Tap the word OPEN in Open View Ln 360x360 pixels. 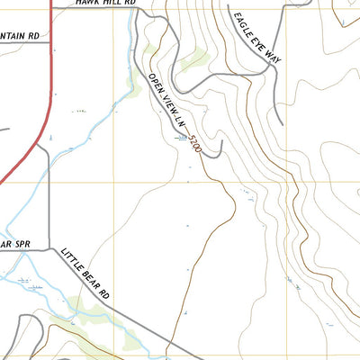tap(157, 82)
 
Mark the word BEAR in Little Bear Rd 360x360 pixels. tap(93, 279)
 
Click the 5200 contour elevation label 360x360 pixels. tap(193, 143)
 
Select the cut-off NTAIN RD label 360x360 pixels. tap(20, 36)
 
